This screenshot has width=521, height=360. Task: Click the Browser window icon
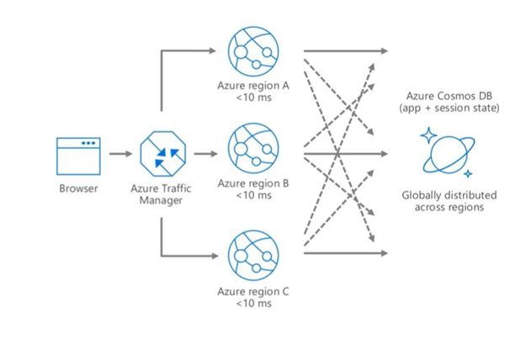78,155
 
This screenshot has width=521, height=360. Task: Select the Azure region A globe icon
254,49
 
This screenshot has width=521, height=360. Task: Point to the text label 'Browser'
78,188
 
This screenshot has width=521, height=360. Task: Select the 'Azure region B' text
253,183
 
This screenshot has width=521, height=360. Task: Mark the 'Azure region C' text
253,292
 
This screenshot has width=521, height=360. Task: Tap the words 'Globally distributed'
449,195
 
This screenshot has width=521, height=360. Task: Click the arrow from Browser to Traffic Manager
121,155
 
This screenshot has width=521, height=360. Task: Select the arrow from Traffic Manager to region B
205,155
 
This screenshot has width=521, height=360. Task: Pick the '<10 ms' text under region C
253,304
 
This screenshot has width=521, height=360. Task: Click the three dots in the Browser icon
88,143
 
